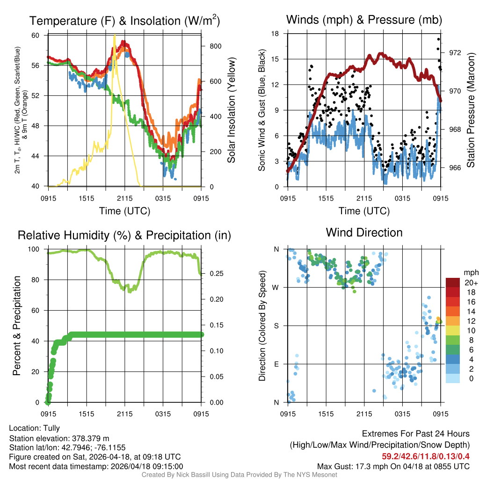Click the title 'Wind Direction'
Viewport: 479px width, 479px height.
pyautogui.click(x=364, y=232)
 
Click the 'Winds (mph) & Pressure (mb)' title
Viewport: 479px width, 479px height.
pyautogui.click(x=364, y=20)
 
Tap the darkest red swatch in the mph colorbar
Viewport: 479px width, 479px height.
pyautogui.click(x=453, y=283)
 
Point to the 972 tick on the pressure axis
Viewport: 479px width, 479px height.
pyautogui.click(x=455, y=52)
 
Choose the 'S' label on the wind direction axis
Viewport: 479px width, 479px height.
pyautogui.click(x=276, y=326)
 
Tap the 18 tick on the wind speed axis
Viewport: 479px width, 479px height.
pyautogui.click(x=276, y=34)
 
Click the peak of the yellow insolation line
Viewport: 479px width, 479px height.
pyautogui.click(x=114, y=36)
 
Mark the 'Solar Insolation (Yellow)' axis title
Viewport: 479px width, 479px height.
pyautogui.click(x=232, y=110)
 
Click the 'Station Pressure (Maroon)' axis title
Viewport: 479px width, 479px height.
pyautogui.click(x=471, y=110)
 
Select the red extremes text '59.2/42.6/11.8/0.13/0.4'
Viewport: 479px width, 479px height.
pyautogui.click(x=426, y=456)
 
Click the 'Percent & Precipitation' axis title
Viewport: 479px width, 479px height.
pyautogui.click(x=17, y=326)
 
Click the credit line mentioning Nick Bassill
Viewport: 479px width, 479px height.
pyautogui.click(x=239, y=475)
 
